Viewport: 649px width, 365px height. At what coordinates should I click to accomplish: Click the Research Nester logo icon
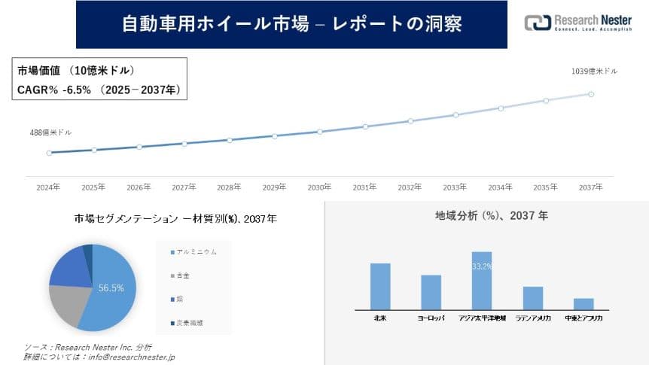pyautogui.click(x=537, y=23)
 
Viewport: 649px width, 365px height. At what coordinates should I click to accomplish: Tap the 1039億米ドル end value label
pyautogui.click(x=595, y=71)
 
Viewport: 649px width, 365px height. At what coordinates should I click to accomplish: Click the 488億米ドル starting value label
pyautogui.click(x=50, y=132)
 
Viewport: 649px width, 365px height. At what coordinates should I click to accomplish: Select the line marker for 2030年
pyautogui.click(x=320, y=132)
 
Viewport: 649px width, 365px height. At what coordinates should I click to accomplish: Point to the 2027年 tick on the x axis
pyautogui.click(x=184, y=187)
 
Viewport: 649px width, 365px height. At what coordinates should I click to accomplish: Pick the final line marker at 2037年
pyautogui.click(x=591, y=94)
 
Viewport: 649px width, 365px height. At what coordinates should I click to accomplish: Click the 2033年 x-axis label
pyautogui.click(x=456, y=187)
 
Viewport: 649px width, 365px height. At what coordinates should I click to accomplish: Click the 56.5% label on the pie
pyautogui.click(x=111, y=287)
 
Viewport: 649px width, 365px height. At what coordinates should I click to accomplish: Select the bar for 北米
pyautogui.click(x=380, y=286)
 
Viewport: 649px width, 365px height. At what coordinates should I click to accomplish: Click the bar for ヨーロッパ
pyautogui.click(x=431, y=292)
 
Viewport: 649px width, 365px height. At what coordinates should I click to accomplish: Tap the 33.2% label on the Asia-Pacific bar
pyautogui.click(x=482, y=266)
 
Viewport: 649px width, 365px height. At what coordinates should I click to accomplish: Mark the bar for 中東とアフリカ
pyautogui.click(x=583, y=303)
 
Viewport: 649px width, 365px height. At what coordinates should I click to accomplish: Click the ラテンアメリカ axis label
pyautogui.click(x=533, y=319)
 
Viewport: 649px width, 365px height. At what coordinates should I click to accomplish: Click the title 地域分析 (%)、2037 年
pyautogui.click(x=486, y=215)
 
